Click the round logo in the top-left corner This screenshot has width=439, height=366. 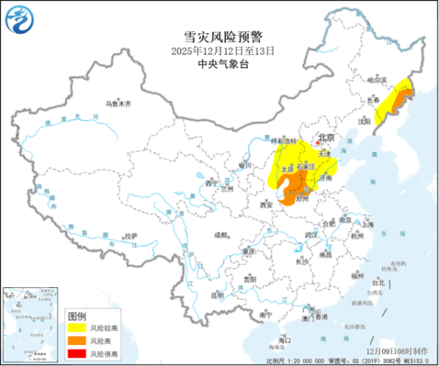coord(19,19)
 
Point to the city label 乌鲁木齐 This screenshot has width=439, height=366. coord(118,103)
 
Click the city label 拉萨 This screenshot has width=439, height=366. coord(130,236)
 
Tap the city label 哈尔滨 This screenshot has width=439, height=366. coord(377,80)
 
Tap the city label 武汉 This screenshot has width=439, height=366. coord(311,236)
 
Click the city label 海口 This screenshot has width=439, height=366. coord(284,340)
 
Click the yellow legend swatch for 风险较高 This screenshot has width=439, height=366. coord(77,328)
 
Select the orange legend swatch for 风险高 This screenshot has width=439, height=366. coord(77,341)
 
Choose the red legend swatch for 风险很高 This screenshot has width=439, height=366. coord(77,353)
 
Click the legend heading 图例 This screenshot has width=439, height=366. coord(77,316)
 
